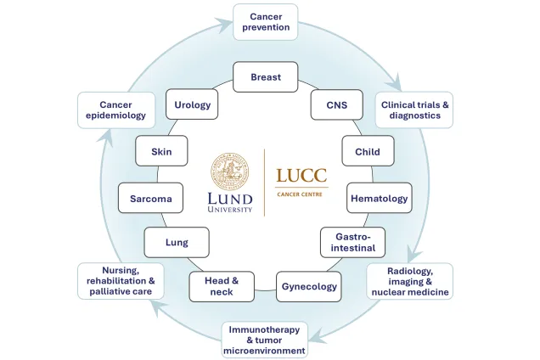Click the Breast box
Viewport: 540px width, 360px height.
coord(266,77)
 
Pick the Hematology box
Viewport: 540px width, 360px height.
coord(379,198)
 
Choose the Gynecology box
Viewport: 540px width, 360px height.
coord(309,286)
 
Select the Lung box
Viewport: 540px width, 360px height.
coord(177,242)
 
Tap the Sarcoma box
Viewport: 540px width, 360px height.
coord(150,199)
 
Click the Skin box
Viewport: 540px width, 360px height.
coord(161,151)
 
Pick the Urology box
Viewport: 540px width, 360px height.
coord(192,105)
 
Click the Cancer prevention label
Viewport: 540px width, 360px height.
coord(270,21)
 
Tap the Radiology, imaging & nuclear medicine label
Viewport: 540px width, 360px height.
coord(410,281)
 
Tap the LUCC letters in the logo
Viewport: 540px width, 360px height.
coord(302,176)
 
